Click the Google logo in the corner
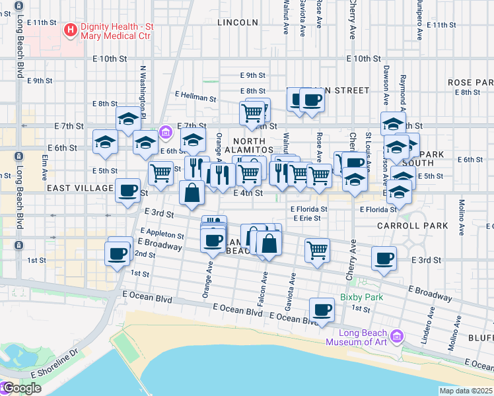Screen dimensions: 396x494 pos(21,388)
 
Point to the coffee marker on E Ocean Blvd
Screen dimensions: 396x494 pos(322,310)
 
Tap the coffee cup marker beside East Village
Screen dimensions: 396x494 pos(128,191)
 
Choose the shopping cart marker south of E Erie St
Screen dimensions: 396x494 pos(318,250)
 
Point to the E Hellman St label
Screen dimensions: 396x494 pos(195,97)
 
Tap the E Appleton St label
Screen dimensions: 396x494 pos(162,234)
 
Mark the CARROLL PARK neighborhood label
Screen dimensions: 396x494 pos(412,226)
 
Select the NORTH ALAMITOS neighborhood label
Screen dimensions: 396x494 pos(249,146)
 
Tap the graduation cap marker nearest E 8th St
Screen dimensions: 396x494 pos(129,119)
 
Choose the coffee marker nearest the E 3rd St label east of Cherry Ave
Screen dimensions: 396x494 pos(384,259)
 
